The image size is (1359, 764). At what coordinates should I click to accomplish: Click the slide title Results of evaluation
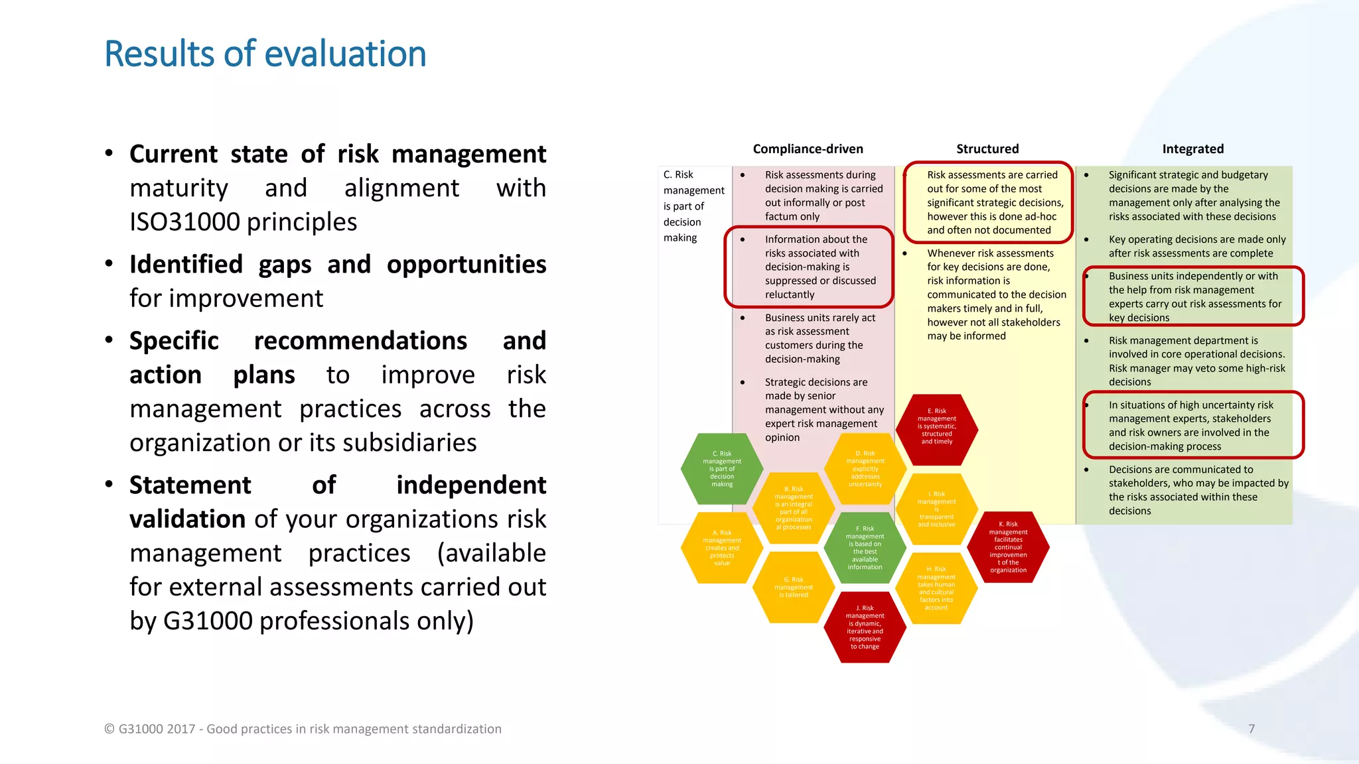click(x=265, y=54)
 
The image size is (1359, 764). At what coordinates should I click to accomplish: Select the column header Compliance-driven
click(x=808, y=149)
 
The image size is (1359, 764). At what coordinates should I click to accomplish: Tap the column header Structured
click(x=987, y=149)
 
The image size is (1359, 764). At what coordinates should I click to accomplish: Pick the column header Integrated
click(x=1192, y=149)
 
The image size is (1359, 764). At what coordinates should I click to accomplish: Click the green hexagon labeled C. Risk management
click(x=722, y=469)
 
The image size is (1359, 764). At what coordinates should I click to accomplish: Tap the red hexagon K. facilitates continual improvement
click(x=1008, y=547)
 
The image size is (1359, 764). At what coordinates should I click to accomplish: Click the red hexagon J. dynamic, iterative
click(x=865, y=627)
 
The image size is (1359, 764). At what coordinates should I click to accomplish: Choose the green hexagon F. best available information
click(x=865, y=548)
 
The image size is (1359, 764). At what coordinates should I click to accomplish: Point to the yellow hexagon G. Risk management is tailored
click(x=794, y=588)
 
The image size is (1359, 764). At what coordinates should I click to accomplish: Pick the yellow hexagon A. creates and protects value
click(x=722, y=548)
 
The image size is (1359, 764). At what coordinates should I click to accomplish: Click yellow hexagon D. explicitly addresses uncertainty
click(x=865, y=469)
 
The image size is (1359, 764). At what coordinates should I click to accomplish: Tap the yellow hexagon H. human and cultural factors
click(x=936, y=588)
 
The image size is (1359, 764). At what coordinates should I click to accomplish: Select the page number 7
click(x=1252, y=729)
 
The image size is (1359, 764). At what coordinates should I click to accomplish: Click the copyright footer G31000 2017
click(x=303, y=729)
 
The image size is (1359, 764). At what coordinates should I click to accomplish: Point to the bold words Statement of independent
click(x=337, y=485)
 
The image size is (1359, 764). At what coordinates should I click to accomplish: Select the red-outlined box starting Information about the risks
click(x=808, y=267)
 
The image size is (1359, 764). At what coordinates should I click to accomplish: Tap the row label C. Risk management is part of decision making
click(x=693, y=206)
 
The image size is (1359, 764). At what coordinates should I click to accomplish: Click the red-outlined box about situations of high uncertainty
click(x=1192, y=425)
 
